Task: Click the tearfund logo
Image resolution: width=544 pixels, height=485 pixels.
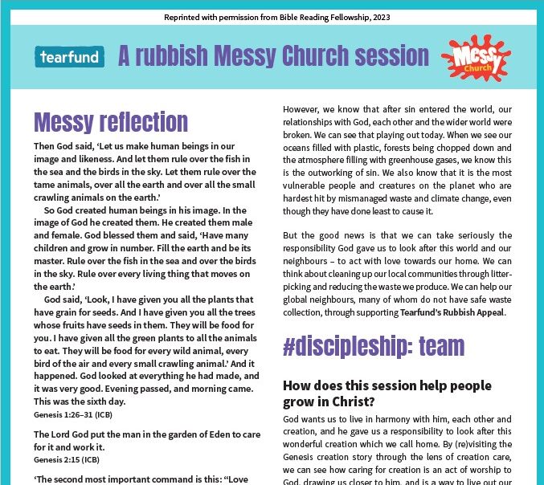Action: point(69,57)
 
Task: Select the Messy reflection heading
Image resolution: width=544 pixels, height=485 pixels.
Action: point(111,122)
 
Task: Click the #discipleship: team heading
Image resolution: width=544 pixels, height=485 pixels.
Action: point(374,345)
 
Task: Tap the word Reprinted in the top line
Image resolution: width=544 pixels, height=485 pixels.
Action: point(187,17)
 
